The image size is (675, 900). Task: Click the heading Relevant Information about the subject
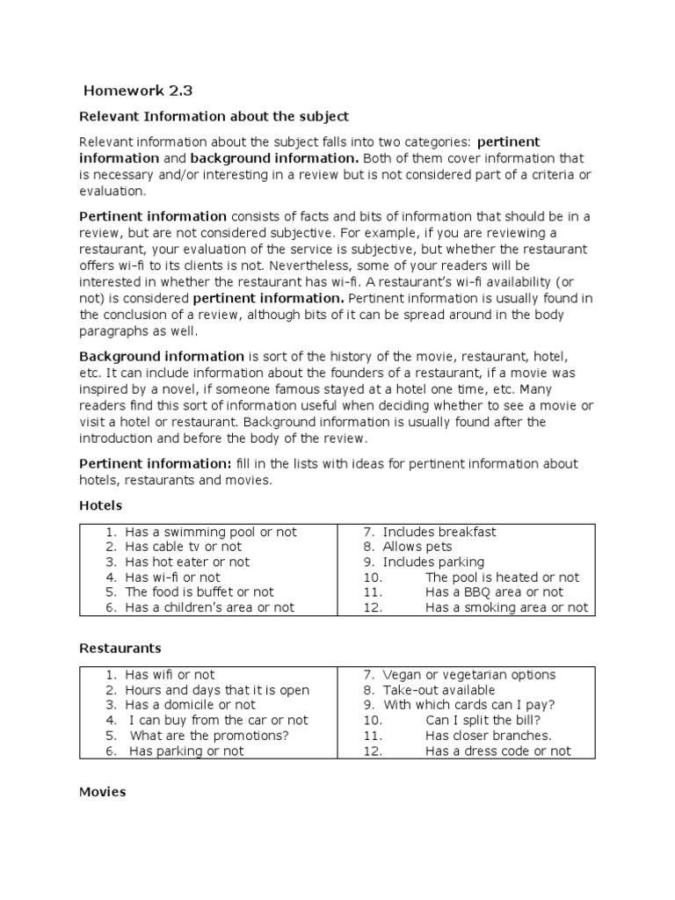coord(214,116)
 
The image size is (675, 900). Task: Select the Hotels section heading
coord(101,505)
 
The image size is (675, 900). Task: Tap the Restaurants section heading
coord(120,648)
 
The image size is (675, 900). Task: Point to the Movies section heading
coord(103,791)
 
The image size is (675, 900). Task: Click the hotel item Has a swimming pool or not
coord(211,532)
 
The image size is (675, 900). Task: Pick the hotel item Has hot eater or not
coord(187,562)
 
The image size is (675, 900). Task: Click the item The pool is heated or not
coord(502,577)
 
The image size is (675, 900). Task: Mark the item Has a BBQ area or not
coord(494,592)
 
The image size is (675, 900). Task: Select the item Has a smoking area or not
coord(506,607)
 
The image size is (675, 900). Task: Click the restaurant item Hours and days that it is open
coord(217,690)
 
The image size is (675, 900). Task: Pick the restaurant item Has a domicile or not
coord(191,705)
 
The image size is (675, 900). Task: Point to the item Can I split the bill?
coord(483,720)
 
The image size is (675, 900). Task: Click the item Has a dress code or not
coord(497,751)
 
